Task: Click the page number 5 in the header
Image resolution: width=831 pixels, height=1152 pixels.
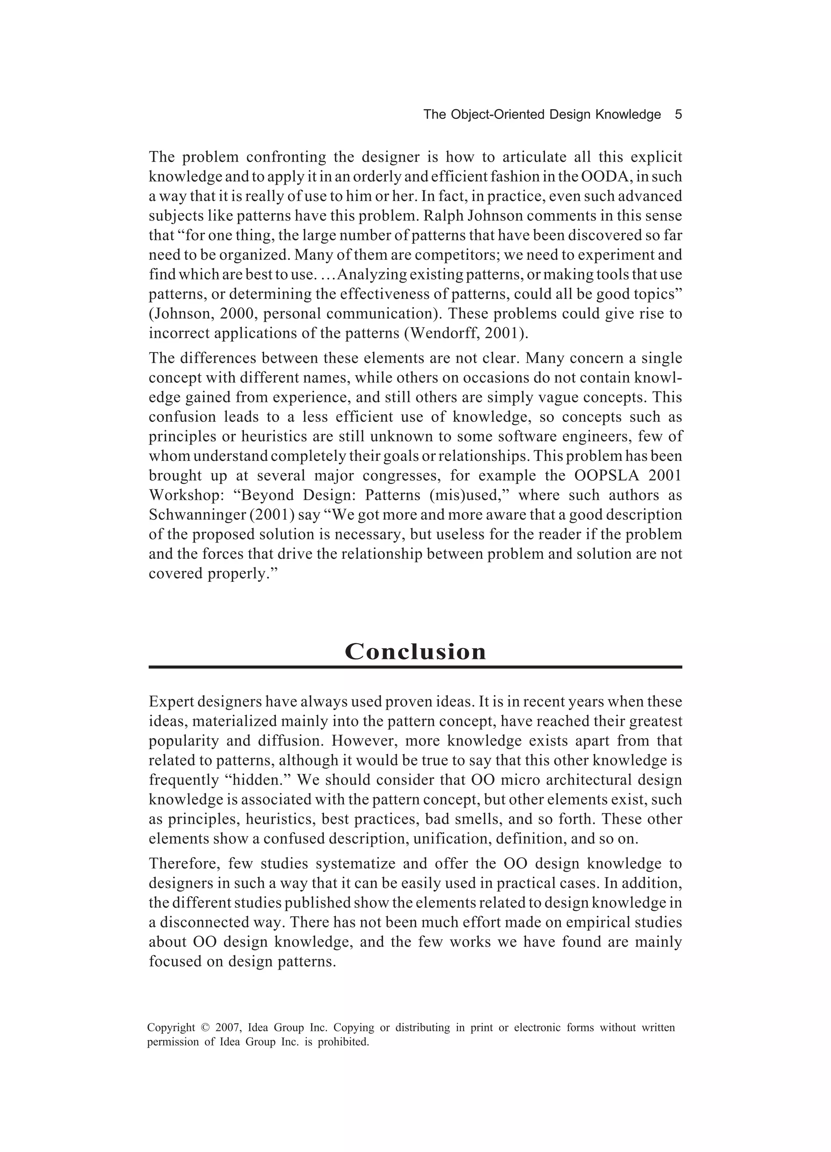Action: pos(678,115)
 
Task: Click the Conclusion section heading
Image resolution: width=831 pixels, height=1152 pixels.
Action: pos(415,651)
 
